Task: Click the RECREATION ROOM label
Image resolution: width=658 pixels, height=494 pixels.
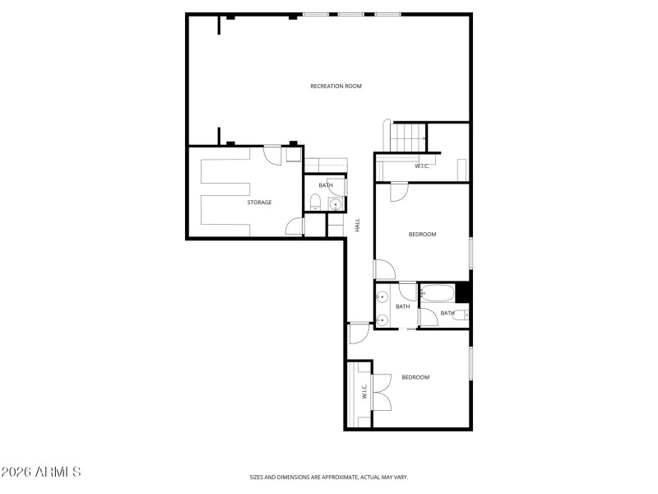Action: click(x=336, y=86)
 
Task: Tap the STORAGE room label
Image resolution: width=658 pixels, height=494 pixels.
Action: click(x=259, y=202)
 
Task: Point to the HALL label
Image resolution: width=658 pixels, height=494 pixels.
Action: click(x=358, y=224)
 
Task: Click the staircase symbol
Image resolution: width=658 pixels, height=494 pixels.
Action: click(x=409, y=137)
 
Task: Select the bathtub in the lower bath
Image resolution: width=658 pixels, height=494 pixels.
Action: click(x=437, y=292)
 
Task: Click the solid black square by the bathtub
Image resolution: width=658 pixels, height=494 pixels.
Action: click(x=462, y=292)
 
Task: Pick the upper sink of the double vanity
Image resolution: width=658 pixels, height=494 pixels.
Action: click(x=382, y=297)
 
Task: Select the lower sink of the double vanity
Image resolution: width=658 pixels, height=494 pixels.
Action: click(x=382, y=319)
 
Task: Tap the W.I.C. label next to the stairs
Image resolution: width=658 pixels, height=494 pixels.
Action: click(x=422, y=166)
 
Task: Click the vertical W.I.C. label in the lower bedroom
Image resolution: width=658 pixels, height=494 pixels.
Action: click(x=364, y=394)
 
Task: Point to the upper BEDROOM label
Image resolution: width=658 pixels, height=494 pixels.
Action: click(x=422, y=235)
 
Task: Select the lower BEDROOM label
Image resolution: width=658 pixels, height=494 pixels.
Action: click(x=415, y=377)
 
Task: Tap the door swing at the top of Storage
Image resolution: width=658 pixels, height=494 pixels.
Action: click(x=272, y=154)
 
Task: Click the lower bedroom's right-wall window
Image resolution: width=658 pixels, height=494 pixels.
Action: click(x=470, y=363)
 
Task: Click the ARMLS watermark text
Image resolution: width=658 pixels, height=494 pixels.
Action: click(x=41, y=473)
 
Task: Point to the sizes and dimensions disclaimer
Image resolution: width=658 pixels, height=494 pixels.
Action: click(x=329, y=477)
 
